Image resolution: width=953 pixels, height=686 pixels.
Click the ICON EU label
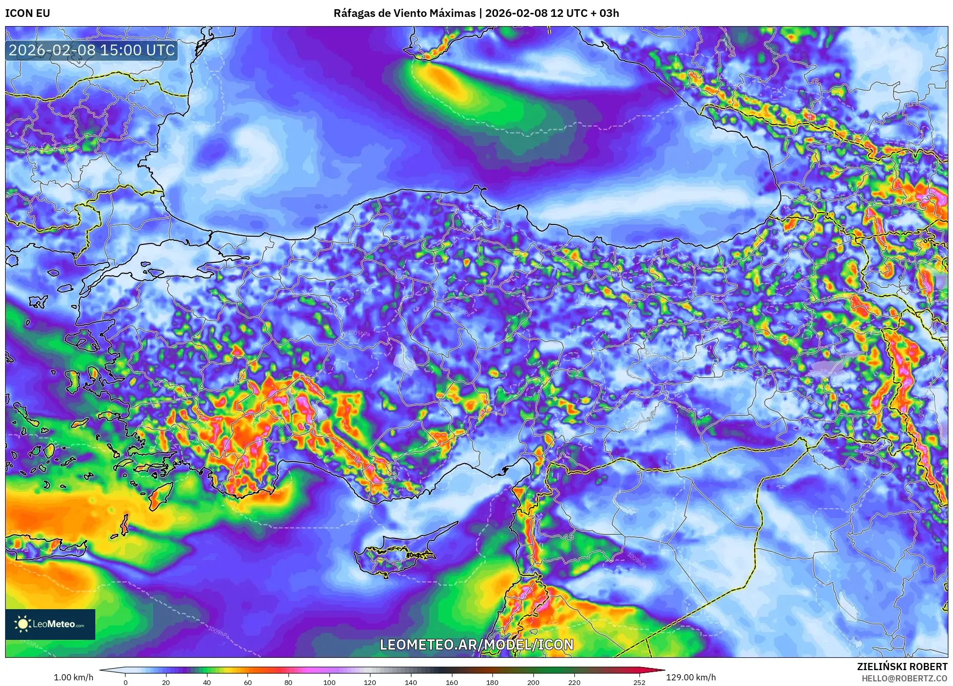click(x=28, y=13)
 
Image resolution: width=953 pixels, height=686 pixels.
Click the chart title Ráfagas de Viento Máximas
click(x=404, y=13)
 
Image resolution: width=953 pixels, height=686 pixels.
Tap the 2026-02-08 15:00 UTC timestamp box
click(x=92, y=50)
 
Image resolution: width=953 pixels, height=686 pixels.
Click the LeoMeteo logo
click(x=50, y=624)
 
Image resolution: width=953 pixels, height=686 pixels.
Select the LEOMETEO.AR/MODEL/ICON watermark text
click(x=476, y=645)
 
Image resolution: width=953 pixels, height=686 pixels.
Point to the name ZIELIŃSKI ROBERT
click(x=902, y=667)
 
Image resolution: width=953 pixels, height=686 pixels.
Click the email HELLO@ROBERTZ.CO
click(x=904, y=678)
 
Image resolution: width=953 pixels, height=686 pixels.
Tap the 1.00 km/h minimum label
click(x=74, y=677)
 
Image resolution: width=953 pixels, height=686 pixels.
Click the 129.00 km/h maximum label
click(x=691, y=677)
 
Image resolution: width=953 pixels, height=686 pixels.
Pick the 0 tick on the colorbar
click(x=126, y=682)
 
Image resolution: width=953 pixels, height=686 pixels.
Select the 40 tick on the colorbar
click(x=207, y=682)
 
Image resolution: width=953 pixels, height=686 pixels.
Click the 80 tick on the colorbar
click(x=288, y=682)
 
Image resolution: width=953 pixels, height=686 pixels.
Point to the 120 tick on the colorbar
click(x=370, y=682)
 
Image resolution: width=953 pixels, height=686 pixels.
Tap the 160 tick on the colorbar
click(x=451, y=682)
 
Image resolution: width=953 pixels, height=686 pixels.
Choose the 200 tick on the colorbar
click(x=533, y=682)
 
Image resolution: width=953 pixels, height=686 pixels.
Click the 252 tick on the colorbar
click(x=639, y=682)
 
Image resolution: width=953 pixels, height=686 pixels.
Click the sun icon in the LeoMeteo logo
click(x=23, y=624)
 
